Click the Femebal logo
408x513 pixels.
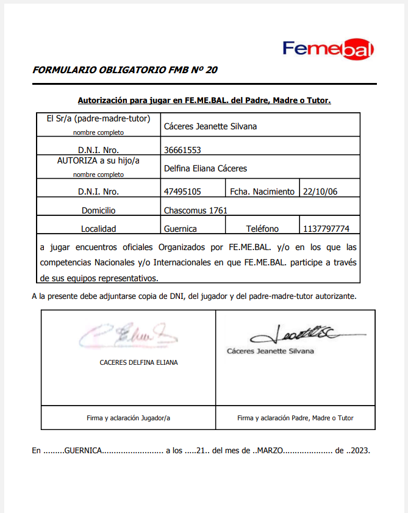[328, 49]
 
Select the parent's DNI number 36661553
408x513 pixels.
[183, 150]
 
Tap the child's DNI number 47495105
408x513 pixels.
[183, 192]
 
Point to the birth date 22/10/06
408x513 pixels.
[320, 192]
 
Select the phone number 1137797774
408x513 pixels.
[326, 229]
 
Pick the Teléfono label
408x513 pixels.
[262, 229]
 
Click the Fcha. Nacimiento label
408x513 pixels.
[262, 192]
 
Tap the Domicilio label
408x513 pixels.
[99, 210]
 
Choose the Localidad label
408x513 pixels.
[99, 229]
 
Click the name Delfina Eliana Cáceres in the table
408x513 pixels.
[206, 168]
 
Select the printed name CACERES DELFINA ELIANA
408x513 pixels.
[139, 362]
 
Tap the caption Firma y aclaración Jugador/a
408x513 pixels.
[129, 418]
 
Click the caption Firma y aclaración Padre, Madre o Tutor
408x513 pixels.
[295, 418]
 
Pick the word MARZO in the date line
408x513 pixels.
[270, 451]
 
